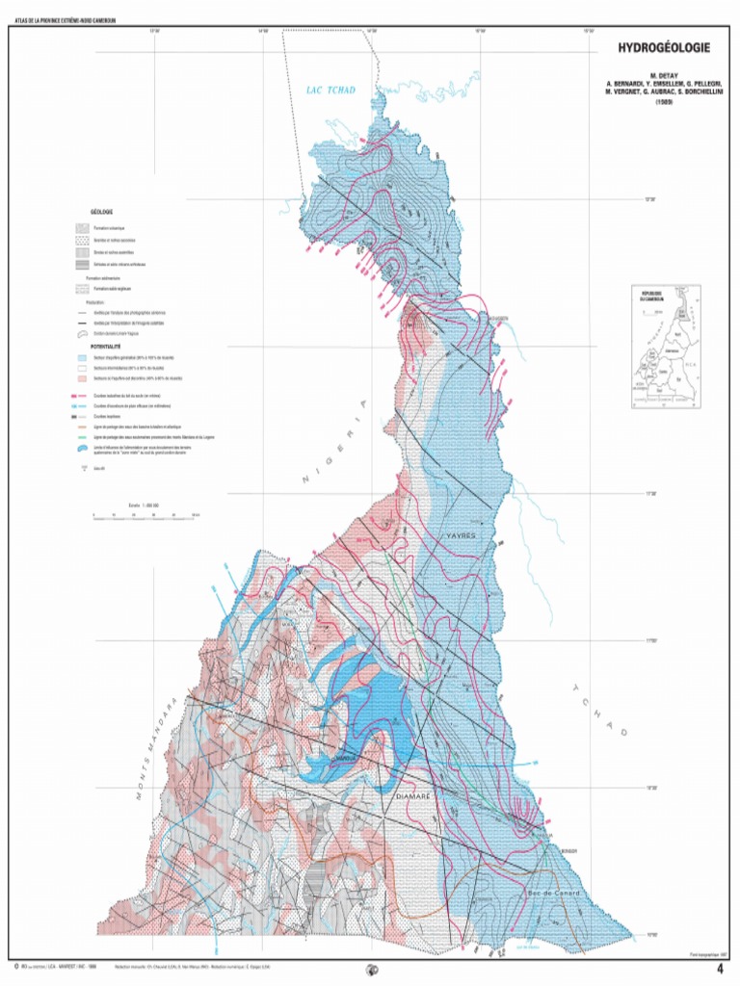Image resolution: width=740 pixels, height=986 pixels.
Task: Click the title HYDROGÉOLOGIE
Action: [665, 46]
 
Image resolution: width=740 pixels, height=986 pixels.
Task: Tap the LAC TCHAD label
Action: [330, 91]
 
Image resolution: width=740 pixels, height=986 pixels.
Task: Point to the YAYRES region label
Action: [461, 534]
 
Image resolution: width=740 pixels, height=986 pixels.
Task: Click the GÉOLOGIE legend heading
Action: [103, 211]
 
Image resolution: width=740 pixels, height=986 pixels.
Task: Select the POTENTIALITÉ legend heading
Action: [106, 344]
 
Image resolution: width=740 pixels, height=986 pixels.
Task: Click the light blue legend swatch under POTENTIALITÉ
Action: [82, 355]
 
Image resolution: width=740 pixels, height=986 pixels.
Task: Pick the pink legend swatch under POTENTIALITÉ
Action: [82, 378]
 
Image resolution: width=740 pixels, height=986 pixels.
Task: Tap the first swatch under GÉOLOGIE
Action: [82, 228]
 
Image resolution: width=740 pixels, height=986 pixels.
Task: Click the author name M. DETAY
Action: [665, 74]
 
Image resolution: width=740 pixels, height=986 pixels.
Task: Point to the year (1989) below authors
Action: [665, 101]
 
